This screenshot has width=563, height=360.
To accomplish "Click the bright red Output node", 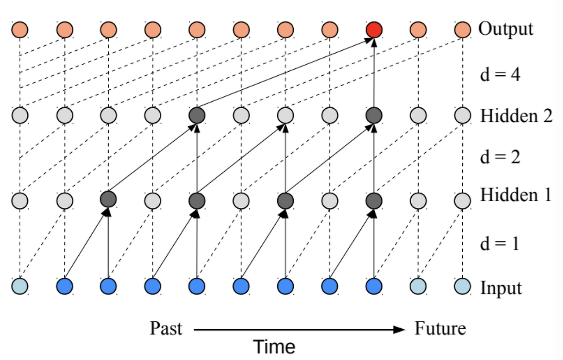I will pyautogui.click(x=374, y=30).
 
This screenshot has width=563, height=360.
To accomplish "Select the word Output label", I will pyautogui.click(x=506, y=29).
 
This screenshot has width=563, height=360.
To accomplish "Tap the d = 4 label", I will pyautogui.click(x=500, y=74).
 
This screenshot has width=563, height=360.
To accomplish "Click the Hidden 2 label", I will pyautogui.click(x=516, y=116).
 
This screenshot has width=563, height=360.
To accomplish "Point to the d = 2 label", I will pyautogui.click(x=500, y=157).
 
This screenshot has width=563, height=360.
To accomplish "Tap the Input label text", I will pyautogui.click(x=501, y=288).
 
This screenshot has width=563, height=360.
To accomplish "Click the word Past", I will pyautogui.click(x=166, y=328).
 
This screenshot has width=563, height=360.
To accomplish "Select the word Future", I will pyautogui.click(x=440, y=328).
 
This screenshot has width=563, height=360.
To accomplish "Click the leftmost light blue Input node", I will pyautogui.click(x=20, y=286).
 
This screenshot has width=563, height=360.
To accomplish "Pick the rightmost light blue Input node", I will pyautogui.click(x=462, y=286).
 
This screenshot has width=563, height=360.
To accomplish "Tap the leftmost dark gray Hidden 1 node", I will pyautogui.click(x=109, y=199).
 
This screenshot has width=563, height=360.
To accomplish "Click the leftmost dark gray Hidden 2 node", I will pyautogui.click(x=197, y=115).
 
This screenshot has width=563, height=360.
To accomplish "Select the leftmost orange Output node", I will pyautogui.click(x=20, y=30).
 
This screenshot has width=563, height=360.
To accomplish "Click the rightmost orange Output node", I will pyautogui.click(x=462, y=30).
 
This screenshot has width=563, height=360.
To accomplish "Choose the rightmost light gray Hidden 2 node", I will pyautogui.click(x=462, y=115).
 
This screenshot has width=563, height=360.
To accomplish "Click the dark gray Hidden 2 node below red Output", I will pyautogui.click(x=374, y=115).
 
